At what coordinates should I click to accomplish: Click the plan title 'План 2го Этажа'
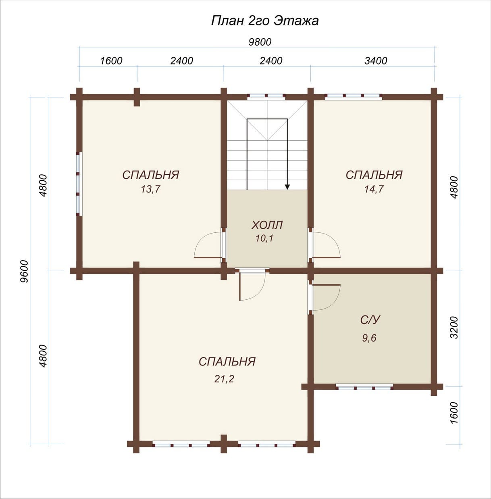click(265, 21)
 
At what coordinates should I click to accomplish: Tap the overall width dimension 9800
click(260, 42)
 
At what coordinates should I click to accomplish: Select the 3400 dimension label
click(376, 61)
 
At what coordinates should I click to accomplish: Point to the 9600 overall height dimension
click(25, 271)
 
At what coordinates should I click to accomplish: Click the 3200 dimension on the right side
click(454, 327)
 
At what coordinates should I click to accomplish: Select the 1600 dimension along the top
click(111, 61)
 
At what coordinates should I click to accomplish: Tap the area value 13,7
click(151, 189)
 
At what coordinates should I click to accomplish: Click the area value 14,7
click(374, 189)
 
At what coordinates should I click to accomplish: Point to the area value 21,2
click(224, 379)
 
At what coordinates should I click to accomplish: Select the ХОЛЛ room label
click(267, 225)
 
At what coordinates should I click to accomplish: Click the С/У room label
click(370, 320)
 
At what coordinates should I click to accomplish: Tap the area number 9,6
click(369, 338)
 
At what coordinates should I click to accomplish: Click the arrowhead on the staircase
click(287, 187)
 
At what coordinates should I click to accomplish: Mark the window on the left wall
click(79, 184)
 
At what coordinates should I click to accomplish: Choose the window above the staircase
click(266, 97)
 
